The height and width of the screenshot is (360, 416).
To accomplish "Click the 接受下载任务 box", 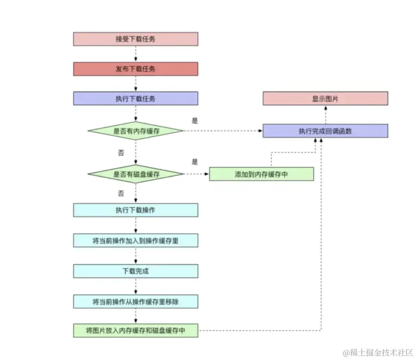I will tap(135, 39).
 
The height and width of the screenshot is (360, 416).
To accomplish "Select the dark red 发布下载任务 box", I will tap(135, 69).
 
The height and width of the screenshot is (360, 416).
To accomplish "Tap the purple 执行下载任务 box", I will tap(135, 98).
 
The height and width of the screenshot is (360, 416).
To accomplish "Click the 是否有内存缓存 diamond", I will tap(135, 131).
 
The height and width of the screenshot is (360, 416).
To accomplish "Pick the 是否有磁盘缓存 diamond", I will tap(135, 174).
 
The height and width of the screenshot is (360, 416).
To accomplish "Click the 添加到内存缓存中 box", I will tap(261, 174).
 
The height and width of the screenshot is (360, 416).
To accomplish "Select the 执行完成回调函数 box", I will tap(325, 131).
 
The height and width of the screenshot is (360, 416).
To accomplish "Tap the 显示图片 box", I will tap(325, 98).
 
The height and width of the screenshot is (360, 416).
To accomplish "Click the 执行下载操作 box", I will tap(135, 210).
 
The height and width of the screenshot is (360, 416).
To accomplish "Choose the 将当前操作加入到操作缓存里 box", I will tap(135, 240).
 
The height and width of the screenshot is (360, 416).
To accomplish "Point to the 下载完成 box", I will tap(135, 271).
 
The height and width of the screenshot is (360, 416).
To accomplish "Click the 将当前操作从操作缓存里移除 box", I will tap(135, 301).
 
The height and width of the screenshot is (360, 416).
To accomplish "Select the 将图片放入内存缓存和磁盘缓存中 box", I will tap(135, 330).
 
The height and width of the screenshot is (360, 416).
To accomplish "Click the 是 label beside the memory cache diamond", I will tap(195, 120).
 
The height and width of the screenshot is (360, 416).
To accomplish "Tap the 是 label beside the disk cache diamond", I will tap(195, 161).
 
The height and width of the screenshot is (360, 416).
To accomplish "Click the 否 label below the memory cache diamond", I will tap(121, 153).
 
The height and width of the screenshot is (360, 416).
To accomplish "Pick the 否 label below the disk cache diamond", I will tap(121, 193).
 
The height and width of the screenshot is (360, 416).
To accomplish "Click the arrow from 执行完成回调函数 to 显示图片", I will tap(325, 115).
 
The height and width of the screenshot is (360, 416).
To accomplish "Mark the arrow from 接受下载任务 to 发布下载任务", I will tap(135, 54).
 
